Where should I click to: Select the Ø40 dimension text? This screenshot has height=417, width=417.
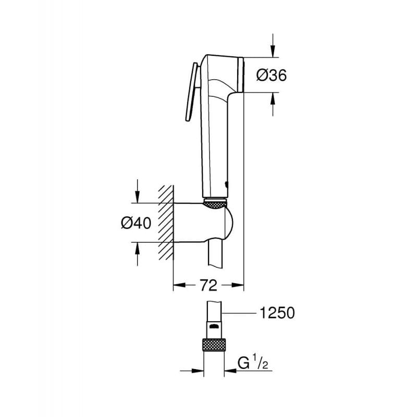click(x=136, y=223)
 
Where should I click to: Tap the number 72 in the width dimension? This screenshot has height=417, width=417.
click(x=208, y=285)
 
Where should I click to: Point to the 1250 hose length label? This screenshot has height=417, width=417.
click(x=277, y=313)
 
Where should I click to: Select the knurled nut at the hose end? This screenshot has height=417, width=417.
click(x=214, y=346)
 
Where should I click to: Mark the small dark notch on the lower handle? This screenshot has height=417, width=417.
click(x=225, y=183)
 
